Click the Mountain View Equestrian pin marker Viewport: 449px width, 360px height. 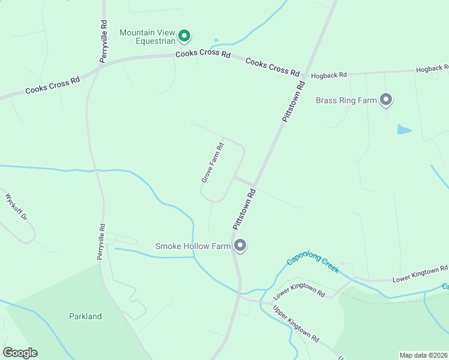185,36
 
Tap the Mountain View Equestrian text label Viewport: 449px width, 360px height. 148,37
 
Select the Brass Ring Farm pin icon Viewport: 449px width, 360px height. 386,99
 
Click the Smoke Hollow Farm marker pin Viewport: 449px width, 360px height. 240,245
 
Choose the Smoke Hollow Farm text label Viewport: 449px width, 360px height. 192,246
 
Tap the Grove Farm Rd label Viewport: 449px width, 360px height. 212,162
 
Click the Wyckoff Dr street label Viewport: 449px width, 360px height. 16,208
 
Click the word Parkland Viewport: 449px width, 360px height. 85,316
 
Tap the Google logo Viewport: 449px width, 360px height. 20,353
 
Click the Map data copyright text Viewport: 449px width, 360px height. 423,355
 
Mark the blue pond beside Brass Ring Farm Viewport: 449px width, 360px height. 404,129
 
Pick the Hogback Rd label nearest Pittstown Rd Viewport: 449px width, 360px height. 329,76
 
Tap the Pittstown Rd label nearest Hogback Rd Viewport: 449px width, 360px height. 294,102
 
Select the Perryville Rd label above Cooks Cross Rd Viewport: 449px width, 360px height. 104,41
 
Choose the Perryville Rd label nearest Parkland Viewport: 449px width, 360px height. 101,242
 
